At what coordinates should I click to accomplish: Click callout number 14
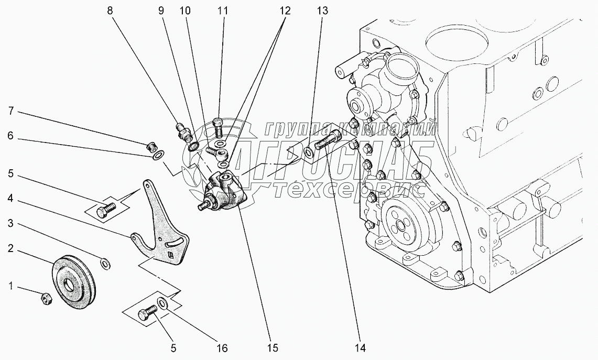[x=358, y=347]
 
